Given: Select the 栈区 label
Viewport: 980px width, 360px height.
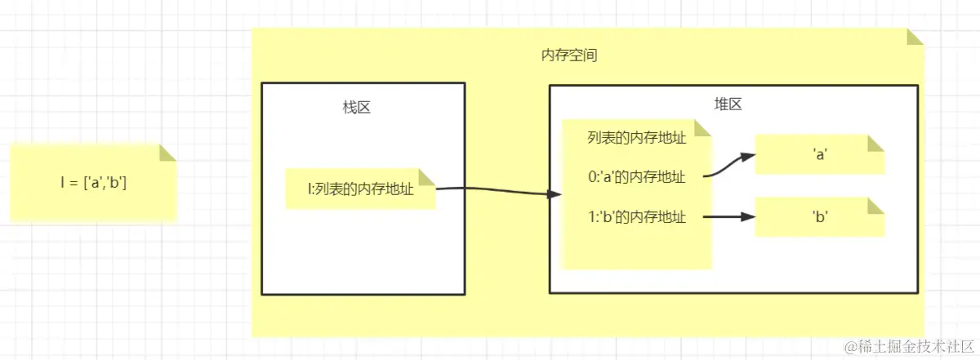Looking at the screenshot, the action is pyautogui.click(x=357, y=107).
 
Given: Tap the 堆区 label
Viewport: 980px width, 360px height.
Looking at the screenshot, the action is pyautogui.click(x=727, y=104).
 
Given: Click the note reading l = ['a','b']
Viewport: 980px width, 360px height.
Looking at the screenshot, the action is pyautogui.click(x=93, y=183).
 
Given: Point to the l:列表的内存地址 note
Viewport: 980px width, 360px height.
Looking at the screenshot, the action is pyautogui.click(x=359, y=189).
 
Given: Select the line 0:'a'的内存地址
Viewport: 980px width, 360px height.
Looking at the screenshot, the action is pyautogui.click(x=636, y=177).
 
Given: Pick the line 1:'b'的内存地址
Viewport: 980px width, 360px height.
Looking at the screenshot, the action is pyautogui.click(x=636, y=217).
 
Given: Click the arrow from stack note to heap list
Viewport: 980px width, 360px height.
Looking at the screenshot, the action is pyautogui.click(x=498, y=191).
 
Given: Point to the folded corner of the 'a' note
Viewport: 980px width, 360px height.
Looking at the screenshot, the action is pyautogui.click(x=877, y=143).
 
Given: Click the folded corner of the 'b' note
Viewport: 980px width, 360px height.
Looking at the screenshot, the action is pyautogui.click(x=877, y=206).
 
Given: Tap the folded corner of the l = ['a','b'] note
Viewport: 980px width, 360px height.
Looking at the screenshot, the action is pyautogui.click(x=168, y=153).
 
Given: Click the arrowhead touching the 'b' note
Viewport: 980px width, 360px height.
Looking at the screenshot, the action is pyautogui.click(x=747, y=217).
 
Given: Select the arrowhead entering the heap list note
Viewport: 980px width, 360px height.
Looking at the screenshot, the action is pyautogui.click(x=555, y=195).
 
